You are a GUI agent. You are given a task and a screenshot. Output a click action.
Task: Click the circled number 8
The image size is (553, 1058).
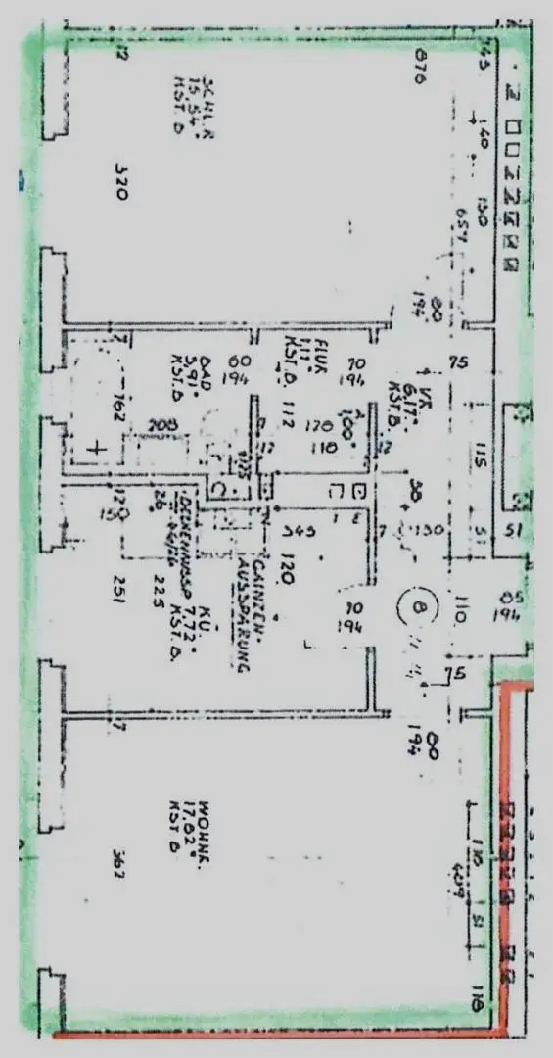tap(420, 614)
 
